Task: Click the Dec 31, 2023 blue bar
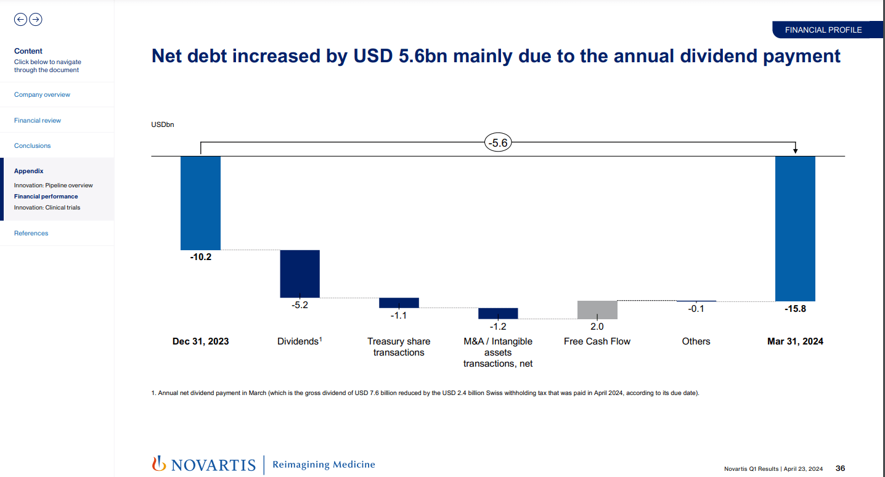(x=200, y=203)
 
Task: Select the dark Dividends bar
(x=300, y=274)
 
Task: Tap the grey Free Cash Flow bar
(x=597, y=309)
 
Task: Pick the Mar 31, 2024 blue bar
(x=795, y=228)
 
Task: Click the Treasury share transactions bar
(x=399, y=303)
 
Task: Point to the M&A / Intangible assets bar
(x=498, y=313)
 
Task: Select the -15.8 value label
(x=795, y=309)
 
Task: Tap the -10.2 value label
(x=200, y=257)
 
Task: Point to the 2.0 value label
(x=597, y=327)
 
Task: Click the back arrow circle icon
(x=20, y=20)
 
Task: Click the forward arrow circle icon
(x=36, y=20)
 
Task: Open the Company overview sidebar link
(x=42, y=95)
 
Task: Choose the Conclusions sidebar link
(x=33, y=146)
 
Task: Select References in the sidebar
(x=31, y=234)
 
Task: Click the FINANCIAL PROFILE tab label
(x=823, y=30)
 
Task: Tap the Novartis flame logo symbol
(x=159, y=463)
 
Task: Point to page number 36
(x=840, y=468)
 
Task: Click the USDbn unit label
(x=163, y=125)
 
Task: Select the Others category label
(x=696, y=341)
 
